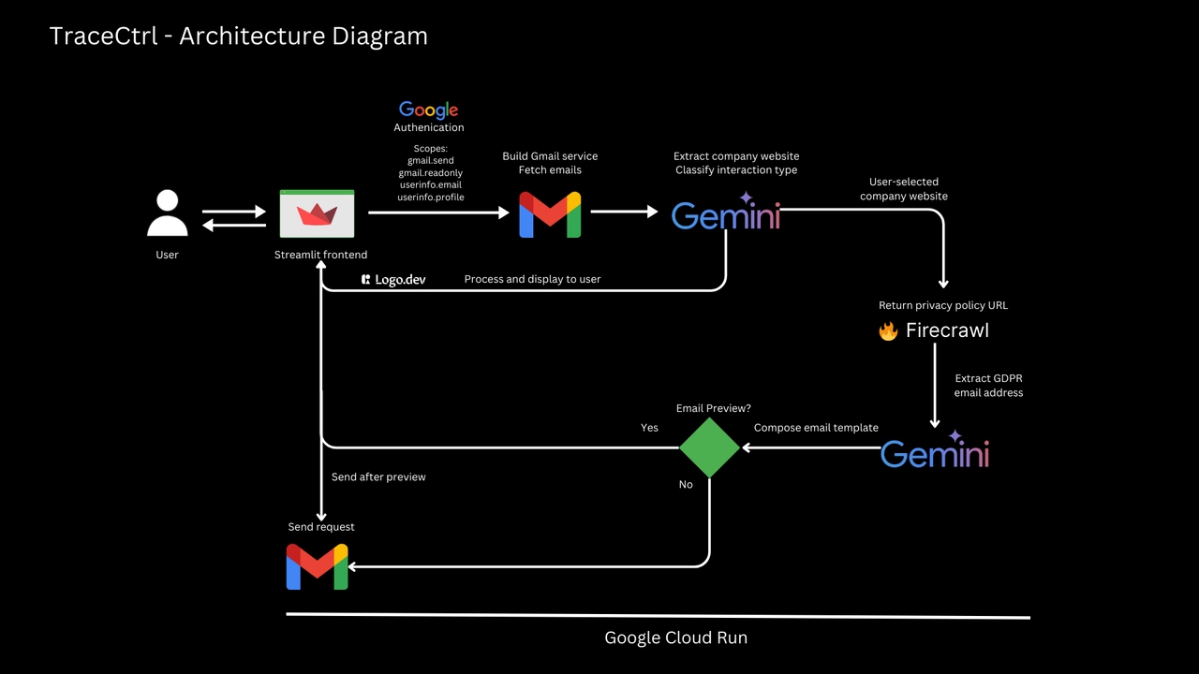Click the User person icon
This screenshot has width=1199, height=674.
[168, 213]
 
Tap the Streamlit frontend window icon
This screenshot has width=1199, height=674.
[317, 213]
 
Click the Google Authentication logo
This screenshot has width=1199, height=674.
[428, 110]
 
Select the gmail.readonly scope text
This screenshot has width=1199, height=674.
[430, 173]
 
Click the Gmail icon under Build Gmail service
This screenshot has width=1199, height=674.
[550, 214]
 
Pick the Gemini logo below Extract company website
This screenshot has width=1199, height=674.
[726, 214]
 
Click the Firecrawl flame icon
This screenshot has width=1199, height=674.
[888, 331]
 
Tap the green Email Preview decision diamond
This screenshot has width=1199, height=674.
[709, 447]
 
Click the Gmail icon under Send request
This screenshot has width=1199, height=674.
[317, 566]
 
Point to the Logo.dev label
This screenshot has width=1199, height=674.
[393, 279]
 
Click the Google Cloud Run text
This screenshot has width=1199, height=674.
[675, 638]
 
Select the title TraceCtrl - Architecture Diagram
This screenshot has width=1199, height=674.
[238, 37]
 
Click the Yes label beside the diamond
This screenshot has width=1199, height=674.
[649, 428]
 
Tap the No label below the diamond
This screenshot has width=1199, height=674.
[686, 485]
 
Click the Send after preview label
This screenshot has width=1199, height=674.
[378, 477]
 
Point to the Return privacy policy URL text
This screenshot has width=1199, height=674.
[942, 305]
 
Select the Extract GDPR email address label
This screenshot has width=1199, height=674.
[988, 386]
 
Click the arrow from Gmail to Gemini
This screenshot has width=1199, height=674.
[624, 212]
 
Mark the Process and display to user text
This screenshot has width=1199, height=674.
[532, 279]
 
